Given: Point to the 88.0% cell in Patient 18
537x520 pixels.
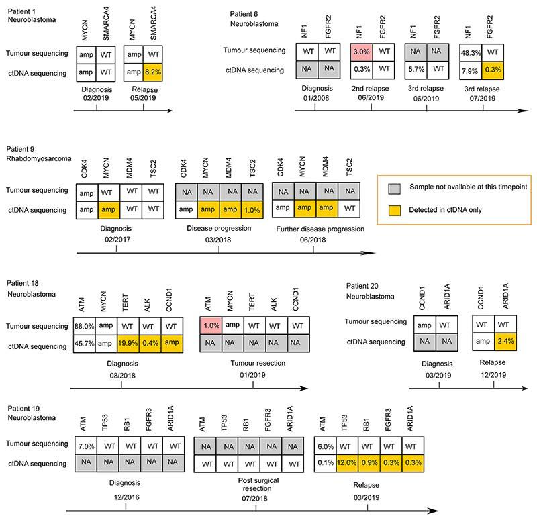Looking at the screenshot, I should [x=85, y=324].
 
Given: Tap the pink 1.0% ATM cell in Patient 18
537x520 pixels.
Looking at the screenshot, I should [x=211, y=324].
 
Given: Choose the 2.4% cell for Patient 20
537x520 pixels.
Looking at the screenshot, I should [x=505, y=341].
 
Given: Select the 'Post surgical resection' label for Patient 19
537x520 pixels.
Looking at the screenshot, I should [x=258, y=486].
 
